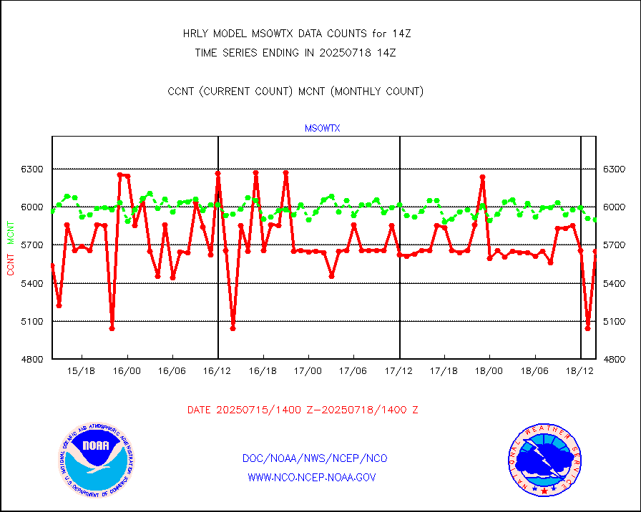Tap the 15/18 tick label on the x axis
[x=82, y=370]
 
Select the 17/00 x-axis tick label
[x=308, y=370]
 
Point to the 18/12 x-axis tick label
[x=579, y=370]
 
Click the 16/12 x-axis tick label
[x=217, y=370]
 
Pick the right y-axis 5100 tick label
[x=615, y=321]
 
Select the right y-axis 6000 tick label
[x=615, y=207]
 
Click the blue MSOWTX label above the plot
[x=323, y=129]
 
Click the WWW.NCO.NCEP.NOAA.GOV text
[x=312, y=477]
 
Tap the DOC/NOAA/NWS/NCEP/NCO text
[x=315, y=458]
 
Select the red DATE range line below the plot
[x=303, y=410]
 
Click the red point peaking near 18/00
[x=482, y=177]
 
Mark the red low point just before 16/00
[x=112, y=328]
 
